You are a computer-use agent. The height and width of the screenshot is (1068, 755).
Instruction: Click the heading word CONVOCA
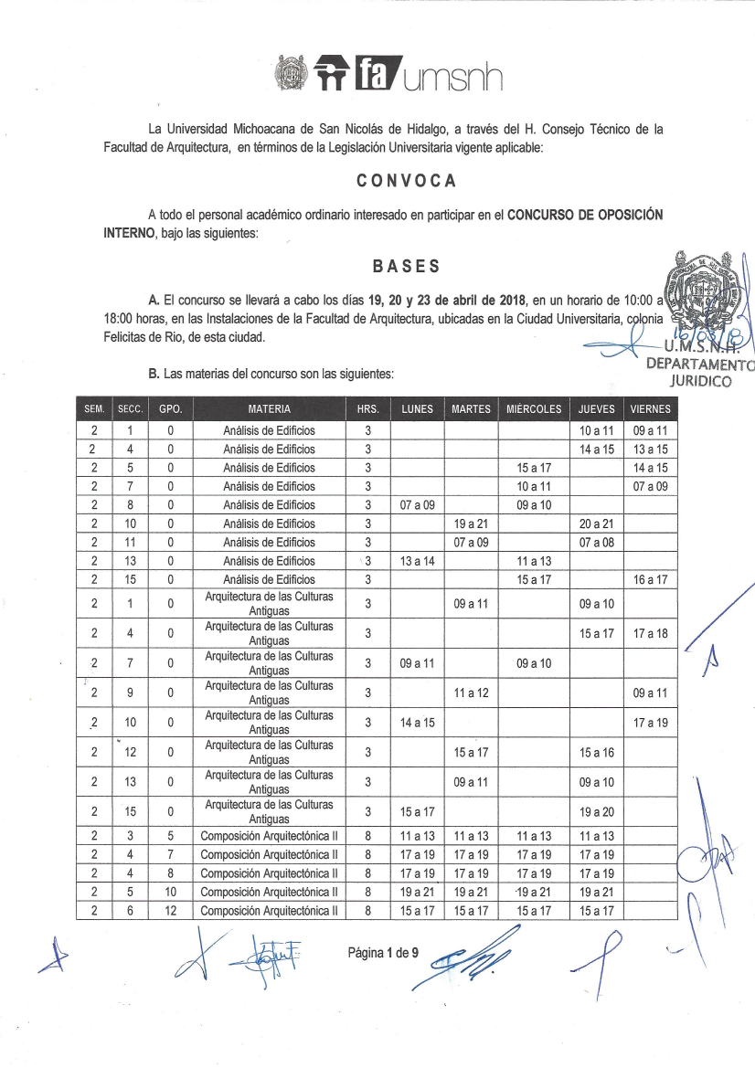(x=406, y=181)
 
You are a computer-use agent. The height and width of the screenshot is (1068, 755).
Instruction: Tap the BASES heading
(x=406, y=267)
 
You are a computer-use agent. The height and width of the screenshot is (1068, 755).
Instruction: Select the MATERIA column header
(x=269, y=409)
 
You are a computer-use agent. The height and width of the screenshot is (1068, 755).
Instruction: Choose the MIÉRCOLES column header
(x=534, y=409)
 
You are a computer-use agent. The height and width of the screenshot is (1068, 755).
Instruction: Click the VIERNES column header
(x=650, y=409)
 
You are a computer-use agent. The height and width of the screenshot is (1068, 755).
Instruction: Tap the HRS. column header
(x=367, y=409)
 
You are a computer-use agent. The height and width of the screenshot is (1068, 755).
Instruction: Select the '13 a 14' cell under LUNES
(x=417, y=561)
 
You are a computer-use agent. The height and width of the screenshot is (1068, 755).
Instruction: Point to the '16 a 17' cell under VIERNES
(x=650, y=579)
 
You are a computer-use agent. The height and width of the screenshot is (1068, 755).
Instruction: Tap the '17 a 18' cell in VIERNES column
(x=650, y=633)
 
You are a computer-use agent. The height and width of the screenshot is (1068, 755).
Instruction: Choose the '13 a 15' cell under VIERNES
(x=650, y=449)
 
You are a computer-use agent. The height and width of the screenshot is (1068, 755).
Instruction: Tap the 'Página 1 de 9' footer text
(x=383, y=953)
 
